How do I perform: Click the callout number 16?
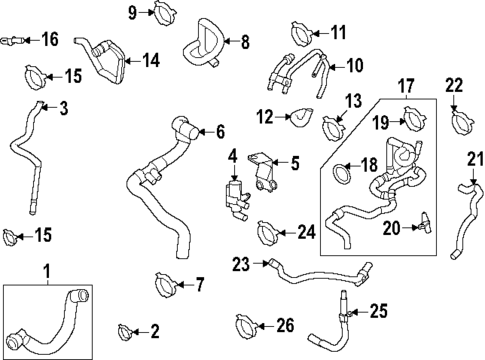coord(50,40)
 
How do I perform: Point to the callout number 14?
coord(150,60)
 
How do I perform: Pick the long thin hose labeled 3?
coord(24,150)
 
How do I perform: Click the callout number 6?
coord(220,130)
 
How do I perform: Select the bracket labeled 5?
coord(262,170)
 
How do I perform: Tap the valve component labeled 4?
coord(236,192)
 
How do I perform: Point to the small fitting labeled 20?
coord(424,221)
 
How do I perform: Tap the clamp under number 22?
coord(461,124)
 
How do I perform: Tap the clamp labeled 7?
coord(166,287)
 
